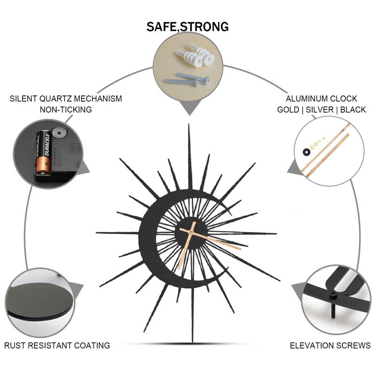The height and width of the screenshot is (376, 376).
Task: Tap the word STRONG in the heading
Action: pyautogui.click(x=204, y=27)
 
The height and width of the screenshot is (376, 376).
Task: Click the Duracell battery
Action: pyautogui.click(x=43, y=152)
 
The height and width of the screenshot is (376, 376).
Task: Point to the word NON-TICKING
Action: pyautogui.click(x=66, y=110)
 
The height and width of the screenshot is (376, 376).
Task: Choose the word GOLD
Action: pyautogui.click(x=288, y=110)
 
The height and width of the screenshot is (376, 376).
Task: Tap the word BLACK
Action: pyautogui.click(x=353, y=110)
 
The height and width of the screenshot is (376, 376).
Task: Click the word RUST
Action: pyautogui.click(x=15, y=345)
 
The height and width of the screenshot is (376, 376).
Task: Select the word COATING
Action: pyautogui.click(x=92, y=345)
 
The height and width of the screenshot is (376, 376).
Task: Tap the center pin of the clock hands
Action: pyautogui.click(x=191, y=232)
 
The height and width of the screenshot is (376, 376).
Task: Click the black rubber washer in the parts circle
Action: pyautogui.click(x=306, y=152)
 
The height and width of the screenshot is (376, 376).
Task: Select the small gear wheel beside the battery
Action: pyautogui.click(x=57, y=133)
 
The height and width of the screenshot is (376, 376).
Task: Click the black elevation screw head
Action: pyautogui.click(x=333, y=296)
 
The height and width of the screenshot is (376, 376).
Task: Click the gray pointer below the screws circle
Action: pyautogui.click(x=190, y=108)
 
